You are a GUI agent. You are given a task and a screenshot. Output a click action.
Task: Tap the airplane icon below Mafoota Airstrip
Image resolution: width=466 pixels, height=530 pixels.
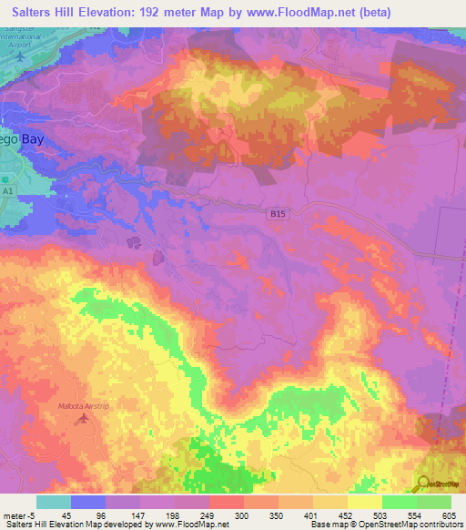(x=85, y=419)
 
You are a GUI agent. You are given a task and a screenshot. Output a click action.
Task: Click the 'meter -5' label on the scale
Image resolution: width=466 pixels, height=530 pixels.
(x=17, y=515)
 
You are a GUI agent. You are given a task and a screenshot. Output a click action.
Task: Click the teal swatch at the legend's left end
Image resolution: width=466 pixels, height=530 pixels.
(x=53, y=502)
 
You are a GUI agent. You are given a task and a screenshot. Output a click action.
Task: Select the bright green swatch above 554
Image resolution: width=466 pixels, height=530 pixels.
(x=398, y=502)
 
